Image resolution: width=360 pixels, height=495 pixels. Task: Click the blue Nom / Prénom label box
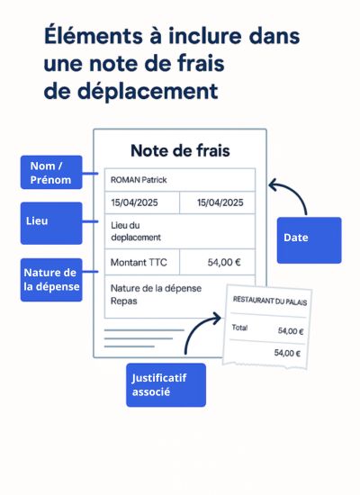[51, 173]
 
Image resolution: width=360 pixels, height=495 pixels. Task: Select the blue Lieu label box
[51, 223]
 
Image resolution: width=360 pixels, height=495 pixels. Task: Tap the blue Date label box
[310, 240]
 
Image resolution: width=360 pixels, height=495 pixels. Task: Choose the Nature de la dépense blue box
[51, 280]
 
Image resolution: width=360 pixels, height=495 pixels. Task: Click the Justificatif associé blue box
[166, 385]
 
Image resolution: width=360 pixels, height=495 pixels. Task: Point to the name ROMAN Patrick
[139, 180]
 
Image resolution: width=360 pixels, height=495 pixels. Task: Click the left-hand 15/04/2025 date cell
[142, 202]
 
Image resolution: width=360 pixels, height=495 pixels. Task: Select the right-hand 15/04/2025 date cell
[217, 202]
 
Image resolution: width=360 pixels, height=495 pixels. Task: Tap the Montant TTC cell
[142, 262]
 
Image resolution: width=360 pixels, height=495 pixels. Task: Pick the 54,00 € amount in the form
[224, 262]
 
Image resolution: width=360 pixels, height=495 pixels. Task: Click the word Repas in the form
[124, 301]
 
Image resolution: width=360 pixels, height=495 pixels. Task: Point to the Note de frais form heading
[180, 150]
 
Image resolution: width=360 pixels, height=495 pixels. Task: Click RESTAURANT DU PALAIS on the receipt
[270, 301]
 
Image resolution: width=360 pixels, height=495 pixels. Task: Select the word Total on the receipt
[239, 328]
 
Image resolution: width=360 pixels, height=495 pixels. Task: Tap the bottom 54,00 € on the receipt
[287, 353]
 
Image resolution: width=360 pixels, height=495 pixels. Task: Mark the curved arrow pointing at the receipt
[196, 328]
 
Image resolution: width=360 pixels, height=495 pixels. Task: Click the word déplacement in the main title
[148, 92]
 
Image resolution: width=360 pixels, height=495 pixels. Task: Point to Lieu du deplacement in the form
[136, 231]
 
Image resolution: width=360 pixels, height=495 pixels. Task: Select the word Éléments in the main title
[94, 35]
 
